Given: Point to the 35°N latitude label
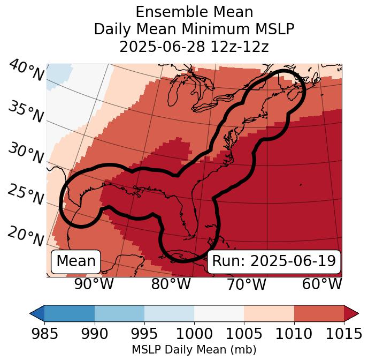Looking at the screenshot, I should click(x=26, y=111).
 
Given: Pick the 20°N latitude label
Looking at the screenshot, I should click(x=26, y=236).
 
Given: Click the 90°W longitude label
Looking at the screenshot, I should click(x=94, y=284).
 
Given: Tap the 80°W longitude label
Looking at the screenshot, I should click(x=171, y=284).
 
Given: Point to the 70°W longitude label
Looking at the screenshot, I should click(x=246, y=284).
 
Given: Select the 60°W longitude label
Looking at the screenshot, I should click(x=322, y=284).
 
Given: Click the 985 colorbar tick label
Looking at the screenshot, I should click(x=44, y=334).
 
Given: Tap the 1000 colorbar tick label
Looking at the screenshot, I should click(x=194, y=334).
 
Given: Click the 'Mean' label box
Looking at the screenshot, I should click(x=76, y=261).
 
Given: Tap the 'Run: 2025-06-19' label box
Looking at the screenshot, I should click(x=274, y=261).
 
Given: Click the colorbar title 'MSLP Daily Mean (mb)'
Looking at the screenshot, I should click(x=194, y=350).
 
